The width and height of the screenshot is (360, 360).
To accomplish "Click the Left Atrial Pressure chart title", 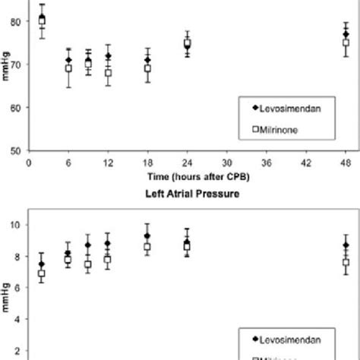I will [x=187, y=194].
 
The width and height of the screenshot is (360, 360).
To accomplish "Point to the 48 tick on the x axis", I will [x=346, y=162].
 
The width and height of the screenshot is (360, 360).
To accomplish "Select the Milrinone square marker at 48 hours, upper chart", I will [x=346, y=43].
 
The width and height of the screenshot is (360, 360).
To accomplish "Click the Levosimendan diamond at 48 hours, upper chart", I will [x=346, y=34].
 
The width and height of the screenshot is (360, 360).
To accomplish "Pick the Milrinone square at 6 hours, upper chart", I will [x=68, y=68].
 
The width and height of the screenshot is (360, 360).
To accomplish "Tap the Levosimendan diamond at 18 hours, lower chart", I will [x=147, y=236].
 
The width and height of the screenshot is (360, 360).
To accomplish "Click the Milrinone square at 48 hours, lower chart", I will [x=346, y=263].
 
